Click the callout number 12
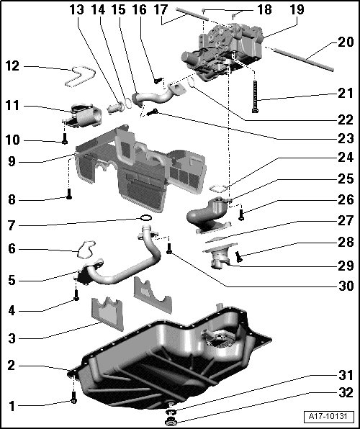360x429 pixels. (x=12, y=66)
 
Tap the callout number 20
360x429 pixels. (x=346, y=42)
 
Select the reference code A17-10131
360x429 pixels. (x=328, y=417)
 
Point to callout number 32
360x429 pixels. (x=346, y=392)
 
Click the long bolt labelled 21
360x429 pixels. (x=255, y=97)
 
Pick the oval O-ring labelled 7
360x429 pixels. (x=145, y=218)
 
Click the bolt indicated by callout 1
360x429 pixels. (x=73, y=397)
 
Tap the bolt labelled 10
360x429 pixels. (x=65, y=138)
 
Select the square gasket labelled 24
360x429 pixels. (x=218, y=189)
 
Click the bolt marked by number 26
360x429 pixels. (x=241, y=214)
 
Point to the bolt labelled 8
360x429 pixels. (x=69, y=194)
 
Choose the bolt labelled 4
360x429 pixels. (x=76, y=295)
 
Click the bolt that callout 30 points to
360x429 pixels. (x=169, y=249)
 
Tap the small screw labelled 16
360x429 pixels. (x=158, y=81)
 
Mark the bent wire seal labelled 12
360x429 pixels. (x=80, y=77)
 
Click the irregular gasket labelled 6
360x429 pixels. (x=86, y=249)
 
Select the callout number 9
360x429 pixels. (x=12, y=161)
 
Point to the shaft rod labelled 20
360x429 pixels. (x=303, y=59)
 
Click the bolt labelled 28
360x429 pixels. (x=239, y=257)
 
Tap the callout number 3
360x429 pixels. (x=12, y=339)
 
